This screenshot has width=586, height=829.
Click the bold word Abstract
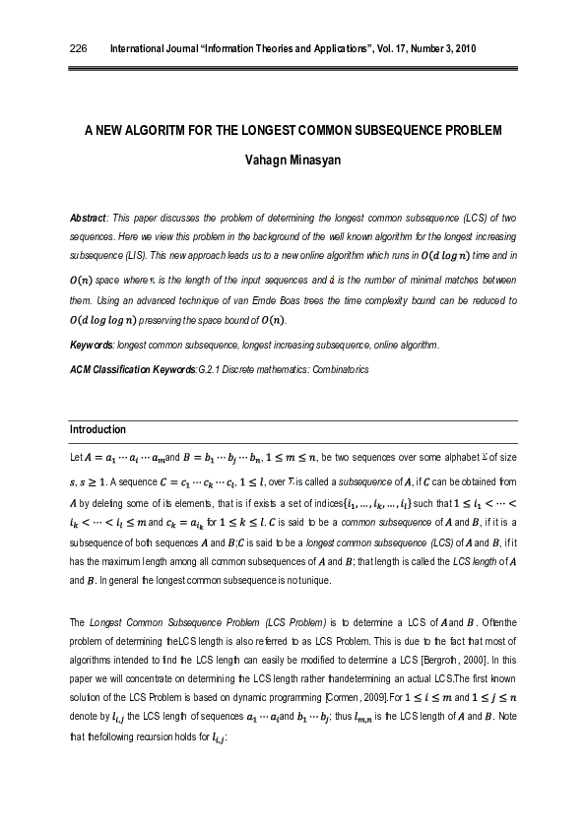pos(88,217)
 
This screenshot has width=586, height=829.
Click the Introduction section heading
pos(98,429)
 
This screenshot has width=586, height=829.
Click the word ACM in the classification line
pos(81,367)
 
